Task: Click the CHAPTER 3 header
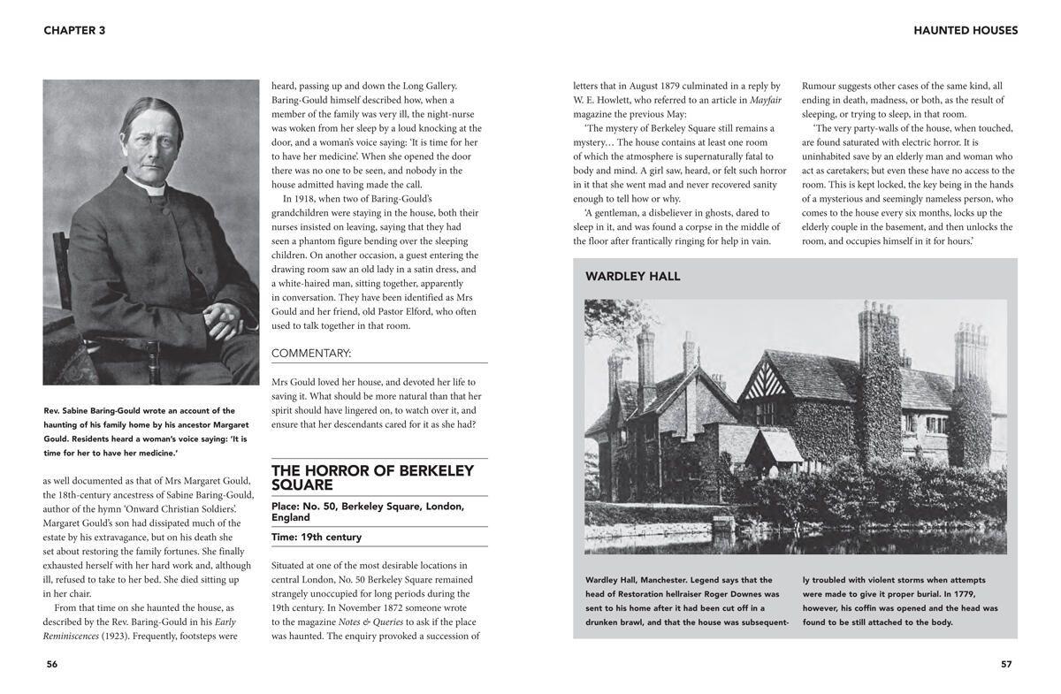74,30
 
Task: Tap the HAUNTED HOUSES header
966,30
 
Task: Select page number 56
52,665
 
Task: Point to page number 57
1006,665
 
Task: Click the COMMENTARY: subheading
311,354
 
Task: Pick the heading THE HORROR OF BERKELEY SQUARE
372,477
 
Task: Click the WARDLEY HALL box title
632,277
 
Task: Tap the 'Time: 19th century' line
317,538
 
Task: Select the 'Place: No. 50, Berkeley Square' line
368,512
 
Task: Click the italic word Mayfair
765,100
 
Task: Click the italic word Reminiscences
71,637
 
